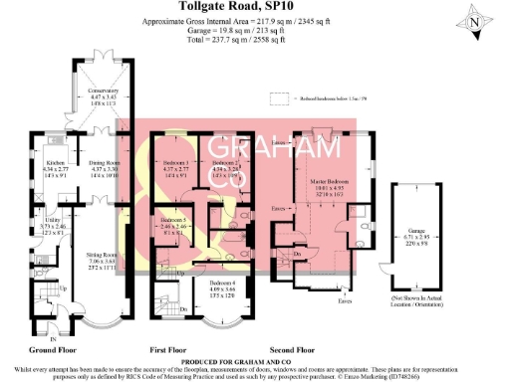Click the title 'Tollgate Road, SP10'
coord(254,8)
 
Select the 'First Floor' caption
coord(168,350)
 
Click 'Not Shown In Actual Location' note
coord(412,303)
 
